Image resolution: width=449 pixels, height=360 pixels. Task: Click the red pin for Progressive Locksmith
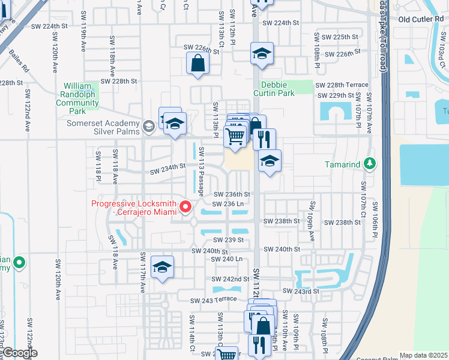[185, 208]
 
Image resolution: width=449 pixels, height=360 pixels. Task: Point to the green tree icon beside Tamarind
[370, 164]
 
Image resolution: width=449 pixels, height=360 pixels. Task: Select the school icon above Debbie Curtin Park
[262, 54]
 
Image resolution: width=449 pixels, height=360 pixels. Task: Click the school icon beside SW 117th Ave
[162, 268]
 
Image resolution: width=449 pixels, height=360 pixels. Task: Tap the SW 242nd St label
[230, 280]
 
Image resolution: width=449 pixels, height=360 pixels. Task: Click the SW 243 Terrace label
[214, 300]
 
